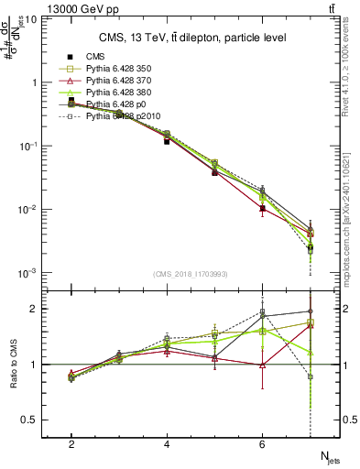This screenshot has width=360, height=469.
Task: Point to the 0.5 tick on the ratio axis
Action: click(x=30, y=420)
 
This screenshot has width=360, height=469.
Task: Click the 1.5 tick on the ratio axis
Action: click(x=30, y=336)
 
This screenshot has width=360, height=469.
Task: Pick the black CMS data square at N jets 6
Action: click(x=263, y=208)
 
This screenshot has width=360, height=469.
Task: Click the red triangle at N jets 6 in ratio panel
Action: click(x=263, y=365)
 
